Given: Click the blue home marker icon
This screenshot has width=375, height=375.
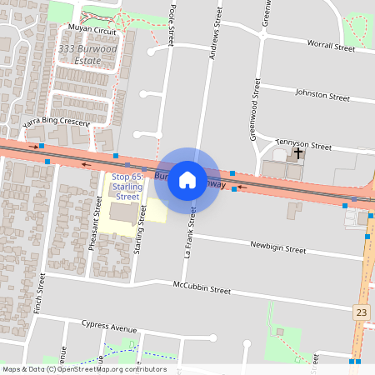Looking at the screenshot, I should [x=187, y=180].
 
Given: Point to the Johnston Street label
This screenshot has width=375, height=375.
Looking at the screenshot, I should [x=323, y=97].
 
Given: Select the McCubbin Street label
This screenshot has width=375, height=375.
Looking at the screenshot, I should [x=202, y=288].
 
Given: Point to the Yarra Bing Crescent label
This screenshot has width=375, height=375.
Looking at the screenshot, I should [x=56, y=122].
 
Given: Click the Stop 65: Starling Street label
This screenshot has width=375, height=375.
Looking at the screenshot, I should [x=127, y=187].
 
